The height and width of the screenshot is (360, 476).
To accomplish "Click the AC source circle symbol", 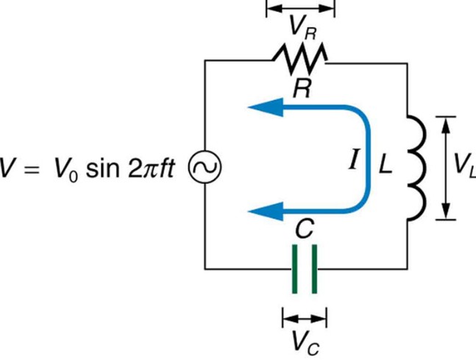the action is point(205,167).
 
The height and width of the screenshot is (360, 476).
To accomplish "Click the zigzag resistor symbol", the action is point(301,59).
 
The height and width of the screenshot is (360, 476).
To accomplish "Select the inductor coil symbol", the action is point(417,168).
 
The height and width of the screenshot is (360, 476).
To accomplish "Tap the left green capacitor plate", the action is point(294,269).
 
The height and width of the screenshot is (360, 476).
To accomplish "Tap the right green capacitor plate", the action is point(314,269).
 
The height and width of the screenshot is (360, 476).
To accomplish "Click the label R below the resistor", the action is point(302,88).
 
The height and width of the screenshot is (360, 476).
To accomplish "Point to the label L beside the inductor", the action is point(386,166).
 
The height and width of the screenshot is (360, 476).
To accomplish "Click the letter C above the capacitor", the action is point(305,228).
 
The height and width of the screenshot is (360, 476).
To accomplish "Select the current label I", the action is point(353,160).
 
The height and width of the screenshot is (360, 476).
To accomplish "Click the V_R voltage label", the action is point(302,28).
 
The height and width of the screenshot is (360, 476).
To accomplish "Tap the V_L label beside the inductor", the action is point(464,166).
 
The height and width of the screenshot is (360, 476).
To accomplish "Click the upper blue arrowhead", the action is point(266,107).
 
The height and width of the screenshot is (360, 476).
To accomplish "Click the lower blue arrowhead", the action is point(266,211).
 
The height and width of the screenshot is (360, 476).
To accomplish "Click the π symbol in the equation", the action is point(149,169).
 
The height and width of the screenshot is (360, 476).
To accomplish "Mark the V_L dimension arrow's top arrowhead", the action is point(446,125).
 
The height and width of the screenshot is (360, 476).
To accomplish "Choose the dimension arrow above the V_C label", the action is point(305,318).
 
